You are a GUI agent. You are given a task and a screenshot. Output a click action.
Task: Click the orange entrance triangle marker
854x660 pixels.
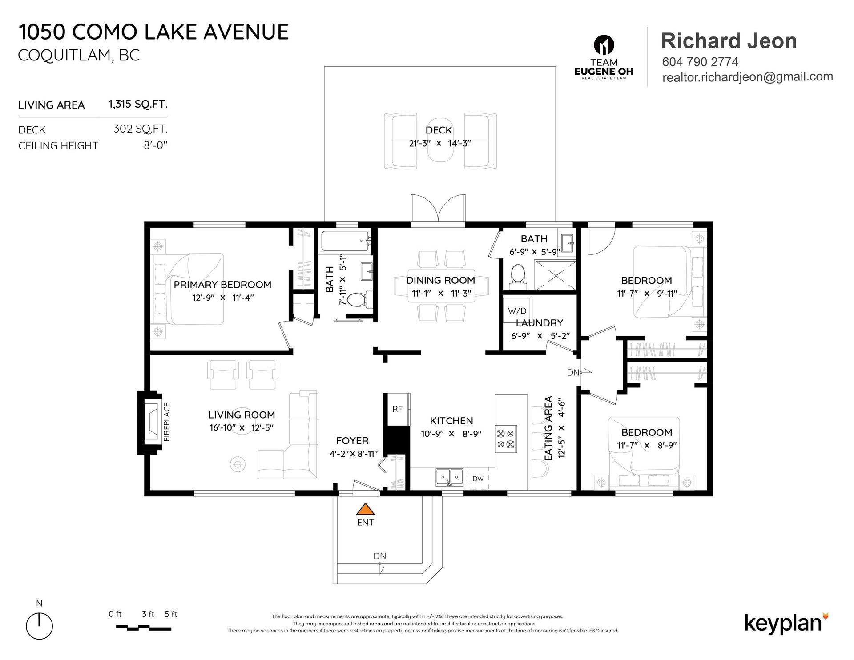click(x=365, y=509)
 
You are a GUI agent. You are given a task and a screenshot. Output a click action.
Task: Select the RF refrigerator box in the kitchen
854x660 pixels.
click(x=397, y=409)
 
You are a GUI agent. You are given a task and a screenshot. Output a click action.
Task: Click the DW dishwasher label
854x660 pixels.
click(x=478, y=479)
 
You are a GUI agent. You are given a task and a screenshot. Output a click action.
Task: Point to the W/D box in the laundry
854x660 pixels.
click(x=517, y=310)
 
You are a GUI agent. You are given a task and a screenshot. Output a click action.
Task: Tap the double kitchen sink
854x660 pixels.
click(x=449, y=478)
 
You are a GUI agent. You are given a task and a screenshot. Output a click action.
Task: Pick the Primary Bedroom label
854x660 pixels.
click(x=222, y=285)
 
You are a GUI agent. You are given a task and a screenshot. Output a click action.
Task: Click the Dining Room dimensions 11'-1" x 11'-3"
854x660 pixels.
click(x=440, y=294)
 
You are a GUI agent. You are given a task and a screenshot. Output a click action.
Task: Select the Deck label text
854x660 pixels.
click(x=439, y=130)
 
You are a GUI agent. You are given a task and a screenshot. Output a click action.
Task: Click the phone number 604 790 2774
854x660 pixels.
click(x=700, y=62)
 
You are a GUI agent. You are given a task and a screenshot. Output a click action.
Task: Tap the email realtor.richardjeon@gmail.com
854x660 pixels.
click(x=747, y=77)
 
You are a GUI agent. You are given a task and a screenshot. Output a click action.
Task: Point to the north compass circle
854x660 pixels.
click(x=40, y=626)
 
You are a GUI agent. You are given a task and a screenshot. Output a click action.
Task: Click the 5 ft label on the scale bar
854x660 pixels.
click(x=171, y=614)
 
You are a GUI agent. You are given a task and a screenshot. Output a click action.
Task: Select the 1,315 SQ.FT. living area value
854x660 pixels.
click(x=138, y=104)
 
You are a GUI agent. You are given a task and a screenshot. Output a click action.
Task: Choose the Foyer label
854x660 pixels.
click(x=352, y=441)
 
